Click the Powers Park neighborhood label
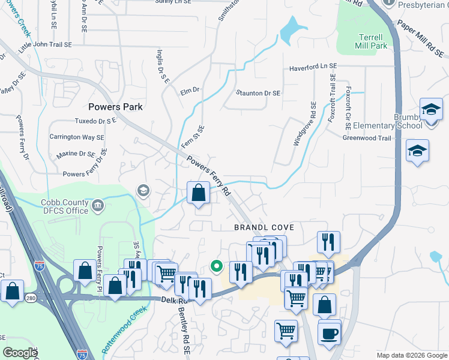pyautogui.click(x=115, y=107)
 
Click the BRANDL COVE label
pyautogui.click(x=264, y=228)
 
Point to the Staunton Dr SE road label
pyautogui.click(x=258, y=93)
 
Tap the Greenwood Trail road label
pyautogui.click(x=367, y=138)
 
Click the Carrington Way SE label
pyautogui.click(x=77, y=137)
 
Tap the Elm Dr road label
pyautogui.click(x=189, y=90)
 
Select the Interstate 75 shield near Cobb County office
pyautogui.click(x=40, y=265)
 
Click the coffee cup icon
pyautogui.click(x=329, y=333)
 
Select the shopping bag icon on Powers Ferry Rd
pyautogui.click(x=198, y=193)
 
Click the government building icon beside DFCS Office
pyautogui.click(x=98, y=206)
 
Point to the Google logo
pyautogui.click(x=20, y=353)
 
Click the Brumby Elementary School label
pyautogui.click(x=387, y=121)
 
